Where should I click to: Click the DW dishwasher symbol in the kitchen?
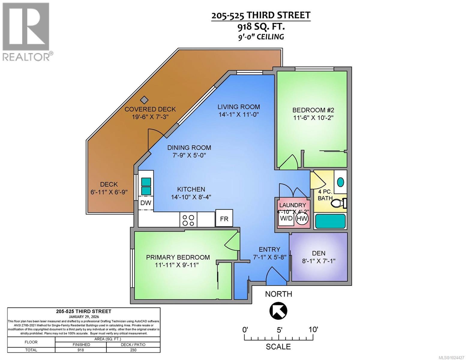146,203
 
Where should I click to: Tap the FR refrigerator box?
224,219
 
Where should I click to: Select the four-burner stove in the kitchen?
188,220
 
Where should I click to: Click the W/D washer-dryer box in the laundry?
286,218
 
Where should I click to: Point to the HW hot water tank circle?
302,218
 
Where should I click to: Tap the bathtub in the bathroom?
330,222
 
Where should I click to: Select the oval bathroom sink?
341,182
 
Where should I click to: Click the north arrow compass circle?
278,311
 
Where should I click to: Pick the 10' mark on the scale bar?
313,330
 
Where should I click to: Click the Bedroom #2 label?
313,110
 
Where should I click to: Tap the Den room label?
318,253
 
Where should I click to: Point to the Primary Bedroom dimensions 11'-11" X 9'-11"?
177,265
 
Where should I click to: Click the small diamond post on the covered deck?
145,100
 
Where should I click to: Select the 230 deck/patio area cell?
133,350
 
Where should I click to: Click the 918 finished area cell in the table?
81,350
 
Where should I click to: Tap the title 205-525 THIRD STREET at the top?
261,15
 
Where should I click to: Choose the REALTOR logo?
26,31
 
